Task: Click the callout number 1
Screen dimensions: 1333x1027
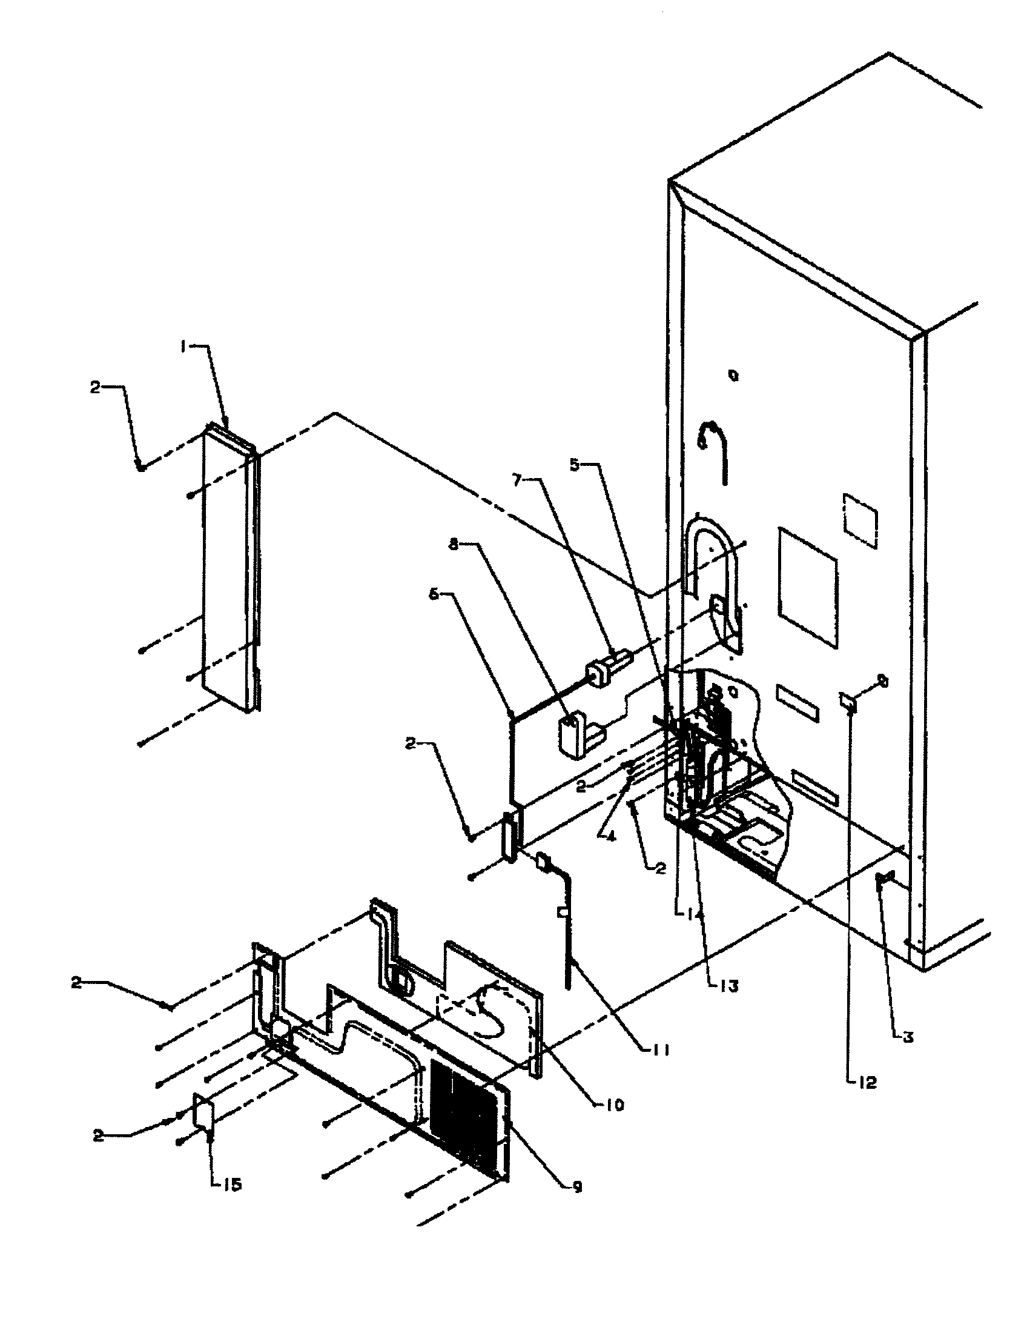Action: tap(182, 346)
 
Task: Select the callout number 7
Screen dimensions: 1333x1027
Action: tap(517, 481)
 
